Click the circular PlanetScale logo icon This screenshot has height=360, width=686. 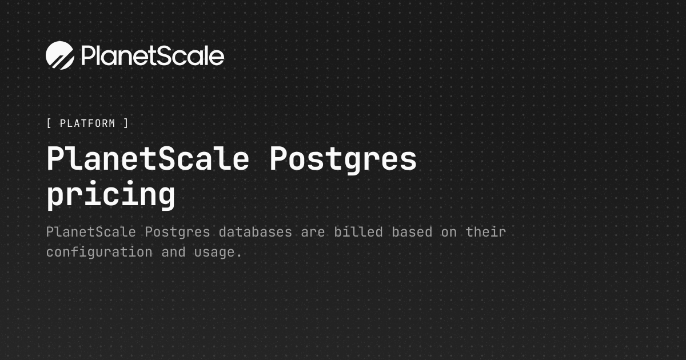point(60,55)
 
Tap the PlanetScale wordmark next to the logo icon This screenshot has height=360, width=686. point(153,56)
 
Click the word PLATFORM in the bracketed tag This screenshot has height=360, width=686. point(87,123)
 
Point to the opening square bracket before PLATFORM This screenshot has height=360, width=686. point(49,123)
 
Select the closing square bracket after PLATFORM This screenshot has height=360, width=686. point(126,123)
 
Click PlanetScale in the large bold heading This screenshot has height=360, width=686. point(148,159)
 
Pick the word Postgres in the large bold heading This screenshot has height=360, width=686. point(343,161)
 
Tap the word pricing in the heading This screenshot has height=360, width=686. point(111,195)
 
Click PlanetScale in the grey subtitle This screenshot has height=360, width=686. point(91,232)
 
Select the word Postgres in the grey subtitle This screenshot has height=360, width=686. point(177,233)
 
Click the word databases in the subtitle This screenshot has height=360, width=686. point(256,232)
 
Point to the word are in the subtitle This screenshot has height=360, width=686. point(313,233)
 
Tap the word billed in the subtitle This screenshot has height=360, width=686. point(358,232)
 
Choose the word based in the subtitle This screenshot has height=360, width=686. point(412,232)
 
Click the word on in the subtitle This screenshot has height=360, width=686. point(449,233)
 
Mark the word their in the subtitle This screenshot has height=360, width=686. point(486,232)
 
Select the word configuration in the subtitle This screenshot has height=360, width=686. point(99,253)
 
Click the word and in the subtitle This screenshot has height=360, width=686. point(173,252)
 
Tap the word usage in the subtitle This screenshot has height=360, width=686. point(214,254)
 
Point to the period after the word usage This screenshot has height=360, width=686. point(239,257)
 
